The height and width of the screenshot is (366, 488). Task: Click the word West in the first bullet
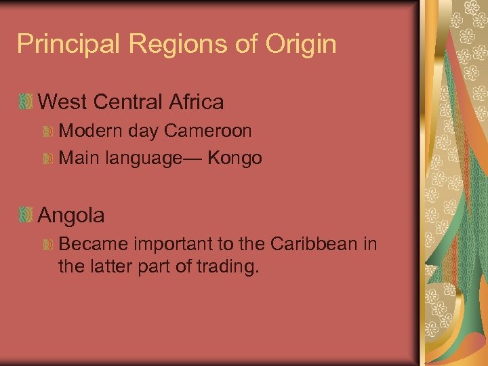[62, 102]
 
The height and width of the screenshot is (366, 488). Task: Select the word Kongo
[235, 159]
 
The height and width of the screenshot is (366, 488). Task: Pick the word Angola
[71, 216]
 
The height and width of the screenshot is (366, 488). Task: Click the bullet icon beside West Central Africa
[25, 103]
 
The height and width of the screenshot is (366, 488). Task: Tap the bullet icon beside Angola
[25, 216]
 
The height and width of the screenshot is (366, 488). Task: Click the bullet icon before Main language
[47, 159]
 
